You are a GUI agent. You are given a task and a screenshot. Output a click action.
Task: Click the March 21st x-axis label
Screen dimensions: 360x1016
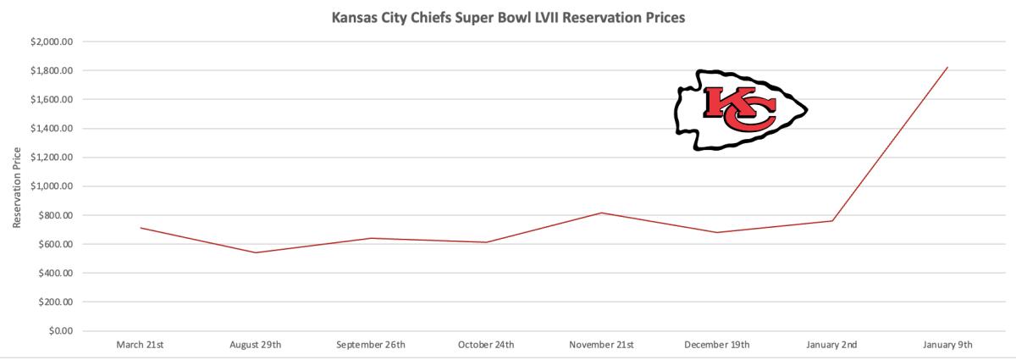click(140, 345)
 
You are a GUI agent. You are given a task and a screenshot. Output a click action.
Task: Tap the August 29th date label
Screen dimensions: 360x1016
click(256, 345)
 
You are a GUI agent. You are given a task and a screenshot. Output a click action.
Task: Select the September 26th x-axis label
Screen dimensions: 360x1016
click(371, 345)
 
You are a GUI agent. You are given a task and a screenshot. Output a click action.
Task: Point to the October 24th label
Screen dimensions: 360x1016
click(486, 345)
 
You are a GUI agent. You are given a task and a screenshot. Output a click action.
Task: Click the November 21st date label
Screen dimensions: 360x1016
click(602, 345)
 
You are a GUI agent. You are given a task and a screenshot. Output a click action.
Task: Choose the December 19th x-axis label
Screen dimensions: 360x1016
click(717, 345)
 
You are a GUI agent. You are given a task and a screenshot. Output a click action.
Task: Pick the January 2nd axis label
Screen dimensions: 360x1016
click(832, 345)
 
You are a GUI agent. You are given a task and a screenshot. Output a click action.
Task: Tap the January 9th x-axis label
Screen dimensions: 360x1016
click(948, 345)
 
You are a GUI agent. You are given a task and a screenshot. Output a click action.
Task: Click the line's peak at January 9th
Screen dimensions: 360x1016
click(947, 68)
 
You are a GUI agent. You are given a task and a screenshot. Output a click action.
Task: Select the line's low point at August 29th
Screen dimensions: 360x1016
click(256, 252)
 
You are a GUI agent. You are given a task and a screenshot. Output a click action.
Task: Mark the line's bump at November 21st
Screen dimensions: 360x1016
click(602, 213)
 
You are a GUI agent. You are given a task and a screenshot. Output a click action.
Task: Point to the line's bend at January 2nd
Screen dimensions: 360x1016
click(832, 221)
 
